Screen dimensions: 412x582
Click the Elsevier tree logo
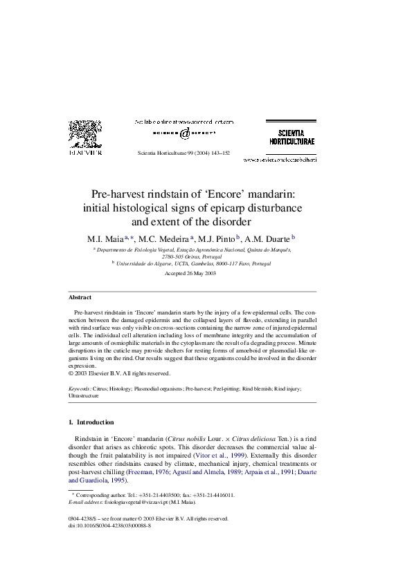tap(84, 135)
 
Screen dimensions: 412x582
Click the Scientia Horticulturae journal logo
tap(292, 136)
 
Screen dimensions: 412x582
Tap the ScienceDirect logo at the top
tap(183, 132)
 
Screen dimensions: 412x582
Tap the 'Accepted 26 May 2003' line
tap(190, 274)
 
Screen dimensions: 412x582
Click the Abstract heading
tap(80, 297)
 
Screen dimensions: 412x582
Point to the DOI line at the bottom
tap(110, 525)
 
